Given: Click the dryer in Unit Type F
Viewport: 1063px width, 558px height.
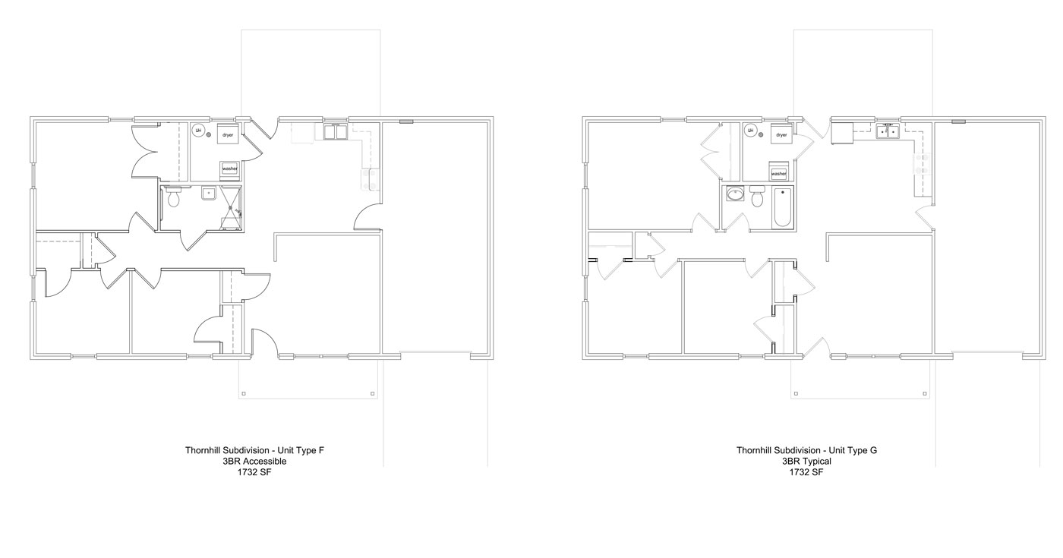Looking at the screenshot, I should [x=227, y=134].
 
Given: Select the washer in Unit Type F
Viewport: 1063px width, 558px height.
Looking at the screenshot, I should [x=230, y=169].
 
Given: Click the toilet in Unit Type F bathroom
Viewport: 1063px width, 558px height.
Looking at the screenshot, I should [x=173, y=197].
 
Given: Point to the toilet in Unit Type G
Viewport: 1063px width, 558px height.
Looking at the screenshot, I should [x=757, y=199].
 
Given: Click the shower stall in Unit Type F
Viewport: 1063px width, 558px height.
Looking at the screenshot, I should [x=232, y=206].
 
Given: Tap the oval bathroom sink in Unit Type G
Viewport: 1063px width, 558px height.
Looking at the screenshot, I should [x=734, y=195].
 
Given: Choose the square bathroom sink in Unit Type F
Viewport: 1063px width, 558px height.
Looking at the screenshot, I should [x=208, y=193].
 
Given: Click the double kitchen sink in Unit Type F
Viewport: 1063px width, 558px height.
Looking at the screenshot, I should [x=335, y=133].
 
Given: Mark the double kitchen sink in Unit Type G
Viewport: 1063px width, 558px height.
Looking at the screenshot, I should [x=887, y=132].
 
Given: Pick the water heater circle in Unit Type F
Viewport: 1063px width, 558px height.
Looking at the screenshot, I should [x=197, y=131].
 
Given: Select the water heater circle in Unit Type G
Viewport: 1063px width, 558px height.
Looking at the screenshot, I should [x=750, y=131].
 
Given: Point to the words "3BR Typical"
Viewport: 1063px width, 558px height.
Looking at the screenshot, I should [x=806, y=461].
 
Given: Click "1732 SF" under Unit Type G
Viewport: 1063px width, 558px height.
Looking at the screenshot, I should [x=806, y=471].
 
